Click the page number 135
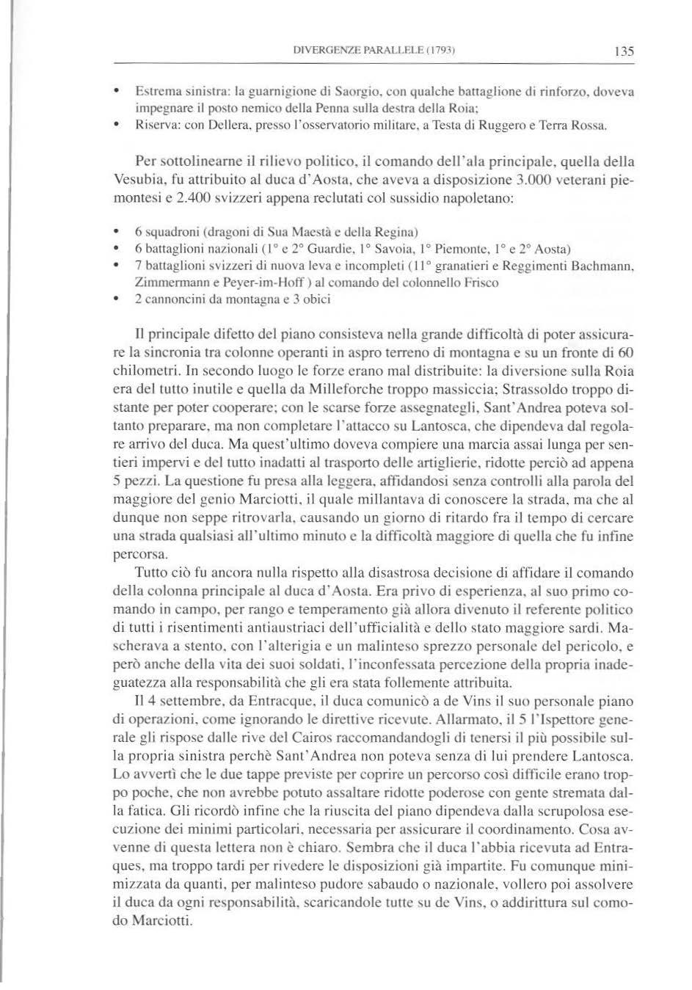tap(624, 52)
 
